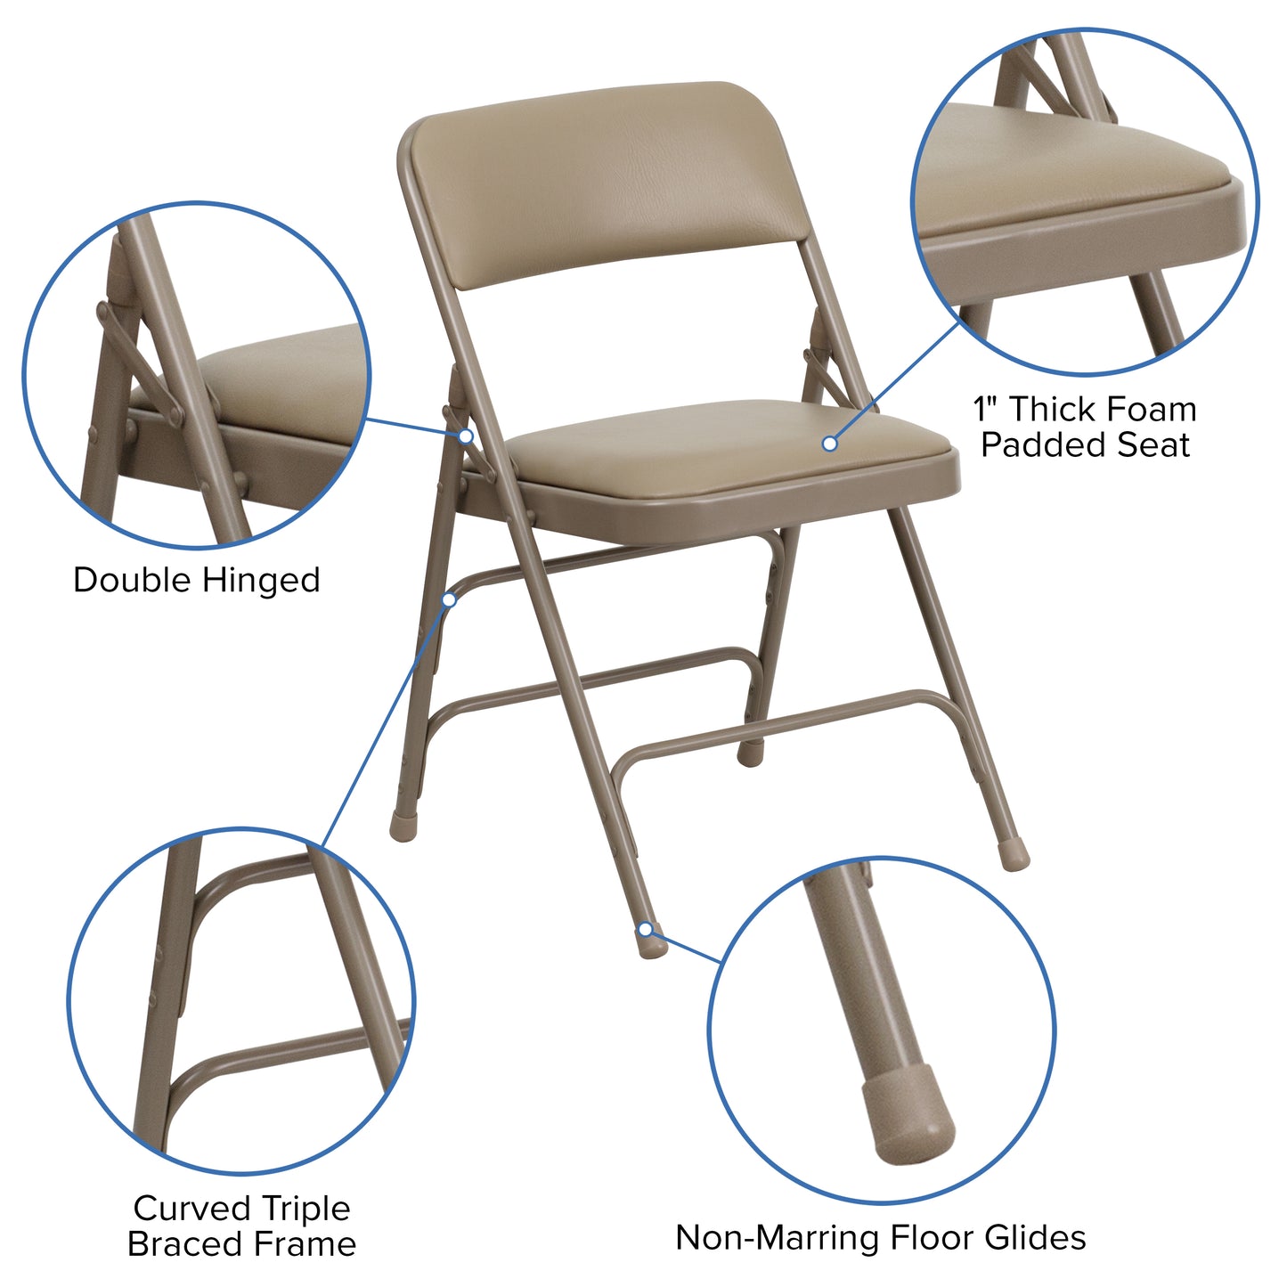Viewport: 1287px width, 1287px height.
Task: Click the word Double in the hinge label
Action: coord(133,581)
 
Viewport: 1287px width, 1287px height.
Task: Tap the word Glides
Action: coord(1035,1238)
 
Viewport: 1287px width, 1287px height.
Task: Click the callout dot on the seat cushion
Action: coord(829,443)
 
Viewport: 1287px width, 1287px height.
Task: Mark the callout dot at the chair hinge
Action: coord(466,436)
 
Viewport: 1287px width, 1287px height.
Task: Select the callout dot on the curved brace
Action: coord(449,600)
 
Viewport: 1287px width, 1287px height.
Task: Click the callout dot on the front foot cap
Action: coord(646,931)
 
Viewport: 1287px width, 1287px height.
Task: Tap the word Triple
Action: coord(305,1209)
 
